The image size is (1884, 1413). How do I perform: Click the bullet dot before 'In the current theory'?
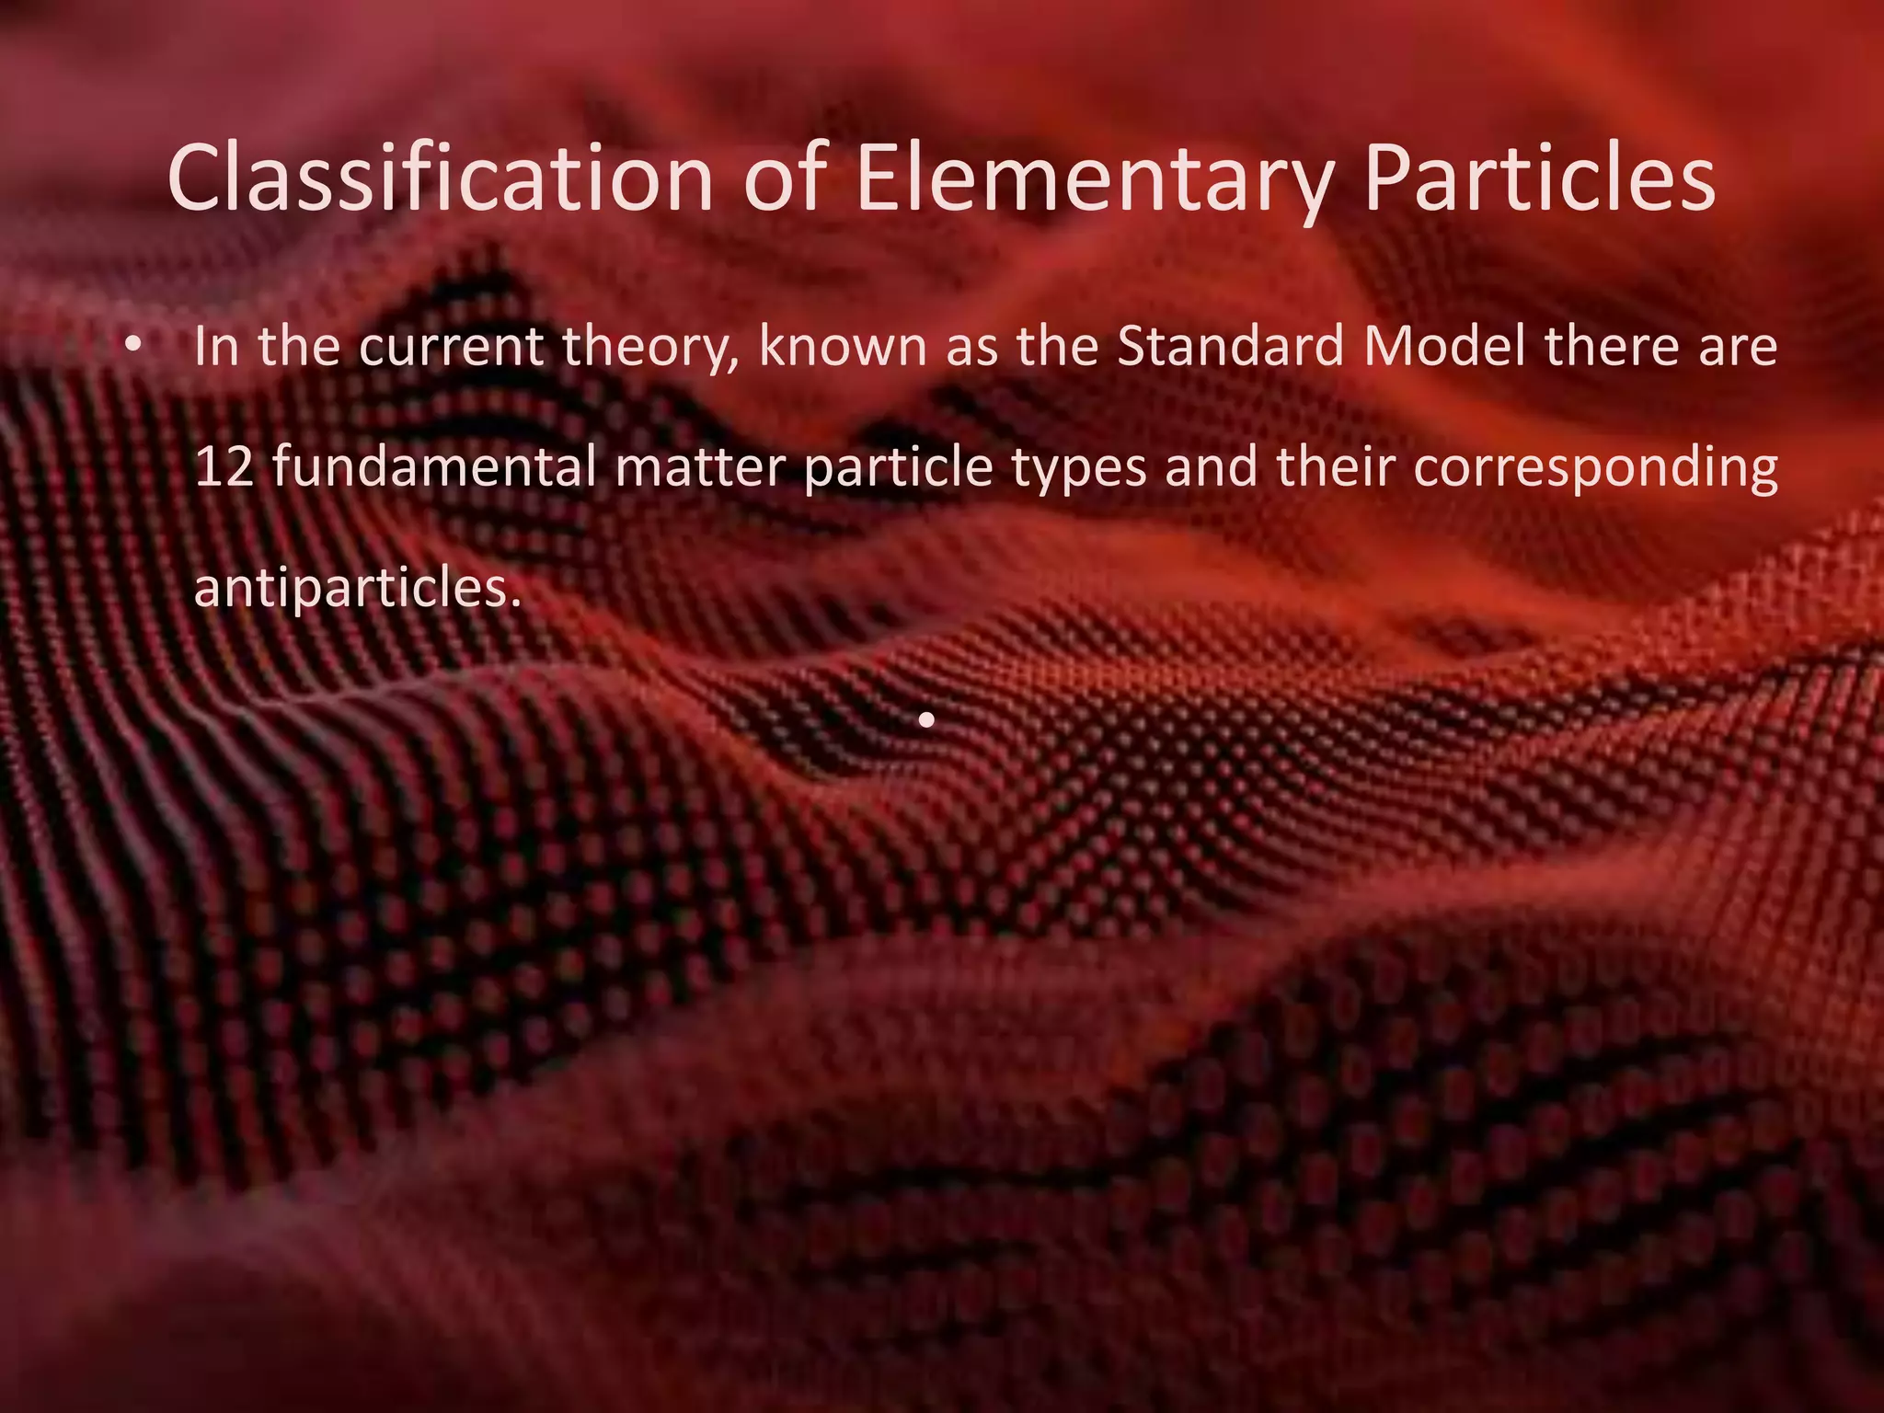coord(133,346)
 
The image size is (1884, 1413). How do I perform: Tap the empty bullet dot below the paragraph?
coord(927,719)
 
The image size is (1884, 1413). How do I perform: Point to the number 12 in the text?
coord(220,467)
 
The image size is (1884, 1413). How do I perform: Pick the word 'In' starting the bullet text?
coord(213,347)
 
